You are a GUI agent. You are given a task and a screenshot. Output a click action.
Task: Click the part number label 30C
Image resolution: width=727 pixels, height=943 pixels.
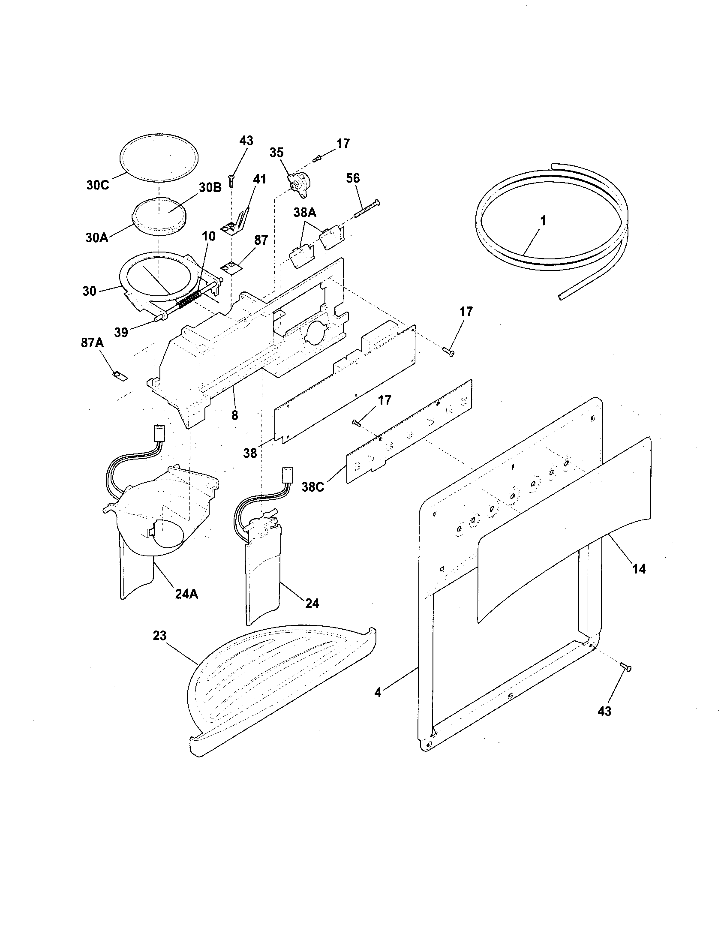point(98,185)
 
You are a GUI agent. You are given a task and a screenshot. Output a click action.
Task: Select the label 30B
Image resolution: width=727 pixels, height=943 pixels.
point(210,187)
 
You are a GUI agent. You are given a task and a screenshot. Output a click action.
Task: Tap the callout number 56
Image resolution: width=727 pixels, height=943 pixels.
point(353,178)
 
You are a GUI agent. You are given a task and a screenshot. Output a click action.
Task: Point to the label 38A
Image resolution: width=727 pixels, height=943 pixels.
point(305,212)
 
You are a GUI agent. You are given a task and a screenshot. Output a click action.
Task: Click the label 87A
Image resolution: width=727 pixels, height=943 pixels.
point(92,343)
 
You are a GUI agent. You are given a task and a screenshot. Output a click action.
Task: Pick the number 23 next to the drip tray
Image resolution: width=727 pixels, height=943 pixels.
point(159,636)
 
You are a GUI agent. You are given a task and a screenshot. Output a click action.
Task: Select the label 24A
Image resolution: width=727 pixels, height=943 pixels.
point(186,595)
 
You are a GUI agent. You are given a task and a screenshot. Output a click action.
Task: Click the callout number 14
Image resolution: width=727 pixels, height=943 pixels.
point(639,569)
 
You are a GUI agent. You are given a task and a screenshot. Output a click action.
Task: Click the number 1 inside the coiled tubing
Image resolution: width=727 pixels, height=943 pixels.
point(543,221)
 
